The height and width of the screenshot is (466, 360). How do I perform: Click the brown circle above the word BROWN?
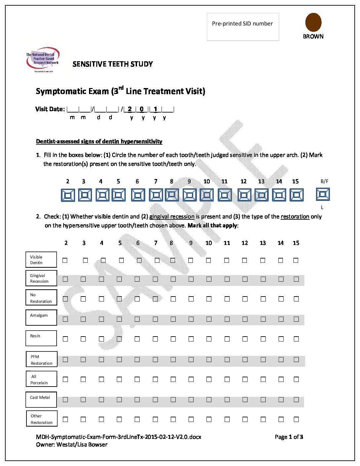click(313, 22)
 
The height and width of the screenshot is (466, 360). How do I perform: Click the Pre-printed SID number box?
click(243, 27)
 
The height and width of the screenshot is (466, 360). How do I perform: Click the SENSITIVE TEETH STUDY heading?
click(112, 64)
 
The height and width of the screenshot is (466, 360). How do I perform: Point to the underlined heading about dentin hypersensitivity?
click(99, 142)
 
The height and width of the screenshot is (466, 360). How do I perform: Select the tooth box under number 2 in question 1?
click(68, 195)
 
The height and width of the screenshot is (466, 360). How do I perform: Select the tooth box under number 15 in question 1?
click(296, 195)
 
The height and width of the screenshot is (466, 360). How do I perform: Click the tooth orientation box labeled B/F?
click(323, 194)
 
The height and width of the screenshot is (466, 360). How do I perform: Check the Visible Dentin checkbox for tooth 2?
click(65, 260)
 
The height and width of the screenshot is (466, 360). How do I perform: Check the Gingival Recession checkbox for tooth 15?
click(296, 279)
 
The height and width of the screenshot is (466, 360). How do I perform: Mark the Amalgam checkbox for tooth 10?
click(209, 319)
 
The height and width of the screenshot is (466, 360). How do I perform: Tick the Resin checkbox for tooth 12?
click(245, 339)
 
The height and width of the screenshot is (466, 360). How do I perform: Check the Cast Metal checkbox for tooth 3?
click(83, 400)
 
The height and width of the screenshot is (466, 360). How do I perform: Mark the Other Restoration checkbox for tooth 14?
click(281, 419)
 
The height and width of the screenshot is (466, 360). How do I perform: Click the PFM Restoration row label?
click(41, 359)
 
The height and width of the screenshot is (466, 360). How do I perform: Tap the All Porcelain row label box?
click(41, 379)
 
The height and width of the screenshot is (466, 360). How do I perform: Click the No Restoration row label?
click(41, 298)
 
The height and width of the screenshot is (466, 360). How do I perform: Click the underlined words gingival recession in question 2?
click(172, 217)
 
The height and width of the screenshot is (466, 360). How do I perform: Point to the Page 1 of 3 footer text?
click(289, 437)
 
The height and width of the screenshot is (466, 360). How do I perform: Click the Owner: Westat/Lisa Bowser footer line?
click(72, 444)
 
